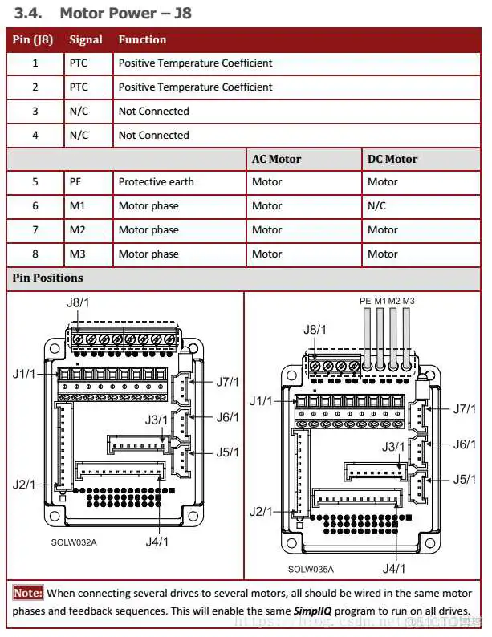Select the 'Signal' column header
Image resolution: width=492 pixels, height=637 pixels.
click(86, 39)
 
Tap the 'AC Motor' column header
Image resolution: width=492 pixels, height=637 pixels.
click(276, 159)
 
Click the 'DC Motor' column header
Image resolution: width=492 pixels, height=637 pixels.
click(392, 159)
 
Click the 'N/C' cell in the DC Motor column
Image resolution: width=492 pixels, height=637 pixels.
click(376, 206)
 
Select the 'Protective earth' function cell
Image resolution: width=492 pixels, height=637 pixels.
click(156, 182)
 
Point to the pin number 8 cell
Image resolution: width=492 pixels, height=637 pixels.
click(35, 254)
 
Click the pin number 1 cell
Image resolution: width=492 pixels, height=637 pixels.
click(35, 63)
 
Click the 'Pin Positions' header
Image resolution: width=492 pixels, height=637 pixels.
click(47, 278)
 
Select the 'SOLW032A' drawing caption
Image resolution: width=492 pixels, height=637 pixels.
click(74, 542)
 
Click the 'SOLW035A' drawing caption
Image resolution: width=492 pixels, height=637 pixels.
click(311, 570)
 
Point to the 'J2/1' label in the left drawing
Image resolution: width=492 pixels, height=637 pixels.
click(24, 485)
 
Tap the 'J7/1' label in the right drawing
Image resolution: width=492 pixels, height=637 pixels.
click(464, 409)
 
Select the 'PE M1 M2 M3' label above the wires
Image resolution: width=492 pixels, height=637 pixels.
click(387, 301)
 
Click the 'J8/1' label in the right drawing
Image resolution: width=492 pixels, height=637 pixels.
click(315, 330)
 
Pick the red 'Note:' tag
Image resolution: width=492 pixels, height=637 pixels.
click(28, 594)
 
